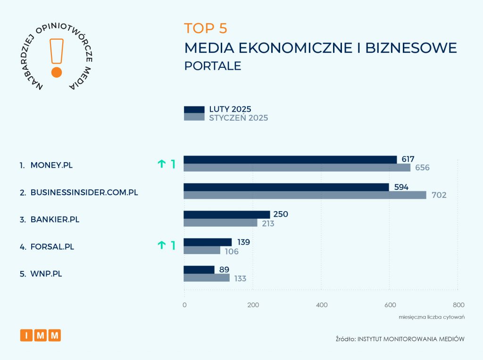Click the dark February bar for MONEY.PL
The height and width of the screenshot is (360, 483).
coord(290,160)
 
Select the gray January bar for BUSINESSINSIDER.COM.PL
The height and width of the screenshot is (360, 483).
coord(305,195)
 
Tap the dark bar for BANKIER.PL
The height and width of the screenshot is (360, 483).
coord(226,214)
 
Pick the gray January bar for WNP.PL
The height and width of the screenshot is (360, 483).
coord(207,278)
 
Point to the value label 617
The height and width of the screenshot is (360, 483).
coord(408,160)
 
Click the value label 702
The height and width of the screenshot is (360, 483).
coord(437,195)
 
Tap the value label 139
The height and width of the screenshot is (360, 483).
coord(243,242)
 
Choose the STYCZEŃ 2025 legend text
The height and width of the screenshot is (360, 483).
coord(239,118)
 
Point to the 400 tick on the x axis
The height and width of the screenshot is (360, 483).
coord(322,305)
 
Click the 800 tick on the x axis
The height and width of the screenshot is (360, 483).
coord(458,305)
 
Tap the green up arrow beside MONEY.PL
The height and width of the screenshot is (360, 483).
coord(162,164)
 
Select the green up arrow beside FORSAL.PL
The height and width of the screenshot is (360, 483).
coord(162,245)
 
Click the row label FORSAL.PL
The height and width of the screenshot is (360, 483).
coord(52,246)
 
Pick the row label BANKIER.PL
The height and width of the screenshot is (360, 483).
coord(54,220)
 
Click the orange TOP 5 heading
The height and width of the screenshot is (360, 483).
coord(206,28)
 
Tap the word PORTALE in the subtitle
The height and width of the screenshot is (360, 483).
coord(213,66)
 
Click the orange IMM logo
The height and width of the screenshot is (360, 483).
coord(41,335)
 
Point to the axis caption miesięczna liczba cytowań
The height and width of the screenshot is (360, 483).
coord(432,317)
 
